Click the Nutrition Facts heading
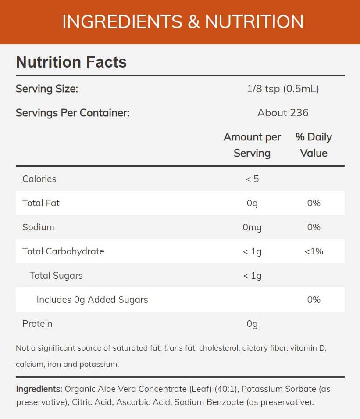pyautogui.click(x=71, y=62)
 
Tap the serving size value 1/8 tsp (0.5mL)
pyautogui.click(x=283, y=89)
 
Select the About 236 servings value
pyautogui.click(x=283, y=113)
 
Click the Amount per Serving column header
pyautogui.click(x=252, y=145)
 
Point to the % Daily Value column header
pyautogui.click(x=314, y=145)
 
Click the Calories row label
pyautogui.click(x=39, y=179)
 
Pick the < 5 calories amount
pyautogui.click(x=252, y=179)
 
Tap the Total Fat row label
pyautogui.click(x=41, y=203)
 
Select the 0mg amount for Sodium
pyautogui.click(x=252, y=227)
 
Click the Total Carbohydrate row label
pyautogui.click(x=63, y=251)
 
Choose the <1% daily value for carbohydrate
pyautogui.click(x=314, y=251)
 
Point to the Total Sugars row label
pyautogui.click(x=56, y=276)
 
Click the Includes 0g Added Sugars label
pyautogui.click(x=92, y=300)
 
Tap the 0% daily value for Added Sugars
pyautogui.click(x=314, y=300)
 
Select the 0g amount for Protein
pyautogui.click(x=252, y=324)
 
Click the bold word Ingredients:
pyautogui.click(x=39, y=389)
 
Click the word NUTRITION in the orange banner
pyautogui.click(x=254, y=22)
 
